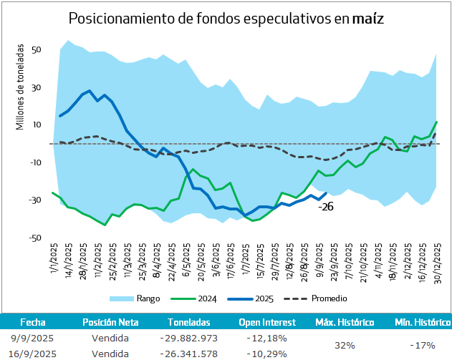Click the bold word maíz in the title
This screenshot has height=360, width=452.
[367, 19]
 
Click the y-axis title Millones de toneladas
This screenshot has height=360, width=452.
[20, 87]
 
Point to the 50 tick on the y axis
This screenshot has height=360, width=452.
[36, 51]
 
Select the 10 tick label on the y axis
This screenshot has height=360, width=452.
[36, 125]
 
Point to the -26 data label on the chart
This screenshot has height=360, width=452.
[326, 207]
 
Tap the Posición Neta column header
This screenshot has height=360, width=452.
[110, 322]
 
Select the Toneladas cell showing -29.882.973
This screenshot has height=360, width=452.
[189, 338]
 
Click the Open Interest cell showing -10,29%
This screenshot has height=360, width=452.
[266, 353]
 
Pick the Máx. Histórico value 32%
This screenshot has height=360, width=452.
[345, 345]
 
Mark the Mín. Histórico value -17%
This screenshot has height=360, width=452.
[418, 345]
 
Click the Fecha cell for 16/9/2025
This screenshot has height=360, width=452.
[34, 353]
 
